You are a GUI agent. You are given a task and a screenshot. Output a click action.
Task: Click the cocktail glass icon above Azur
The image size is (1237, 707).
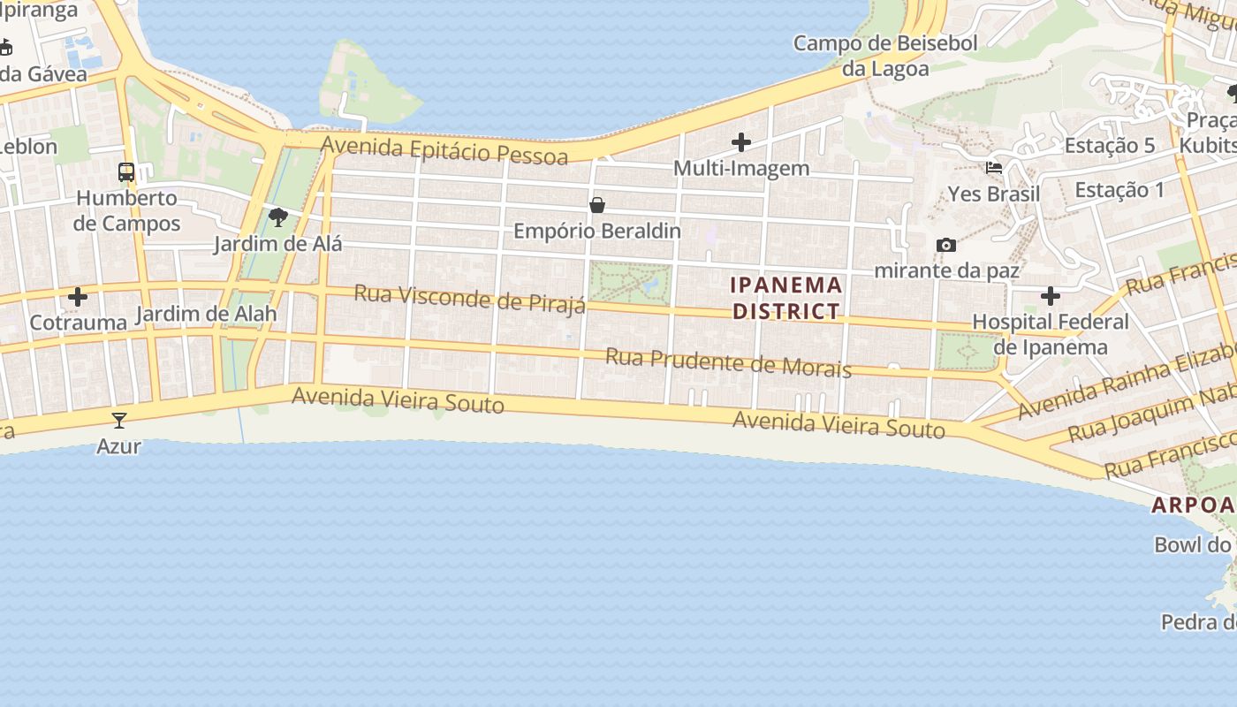point(119,420)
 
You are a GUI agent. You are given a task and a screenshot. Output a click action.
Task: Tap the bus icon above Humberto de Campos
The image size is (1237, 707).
point(126,172)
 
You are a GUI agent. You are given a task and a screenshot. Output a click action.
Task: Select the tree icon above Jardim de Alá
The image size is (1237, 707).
point(278,217)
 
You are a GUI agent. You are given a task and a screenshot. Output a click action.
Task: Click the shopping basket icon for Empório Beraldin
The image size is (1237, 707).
point(597,205)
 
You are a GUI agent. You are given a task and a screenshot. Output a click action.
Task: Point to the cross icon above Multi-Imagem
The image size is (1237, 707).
point(741,141)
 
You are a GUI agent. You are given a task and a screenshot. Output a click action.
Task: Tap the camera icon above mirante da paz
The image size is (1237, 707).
point(946,245)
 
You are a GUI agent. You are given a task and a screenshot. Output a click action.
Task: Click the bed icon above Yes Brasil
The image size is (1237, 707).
point(994,168)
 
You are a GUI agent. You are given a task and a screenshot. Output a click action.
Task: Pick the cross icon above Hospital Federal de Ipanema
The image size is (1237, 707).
point(1051,296)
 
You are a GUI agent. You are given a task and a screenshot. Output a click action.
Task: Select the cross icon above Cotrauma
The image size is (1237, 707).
point(78,297)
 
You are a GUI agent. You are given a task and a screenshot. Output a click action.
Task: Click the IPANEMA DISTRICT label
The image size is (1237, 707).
point(786,298)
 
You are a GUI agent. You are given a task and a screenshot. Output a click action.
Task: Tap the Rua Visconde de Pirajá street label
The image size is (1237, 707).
point(470,299)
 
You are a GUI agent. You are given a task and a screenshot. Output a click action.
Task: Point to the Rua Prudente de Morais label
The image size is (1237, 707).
point(728,363)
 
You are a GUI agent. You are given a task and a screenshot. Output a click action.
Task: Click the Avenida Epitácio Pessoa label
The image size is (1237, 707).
point(444,150)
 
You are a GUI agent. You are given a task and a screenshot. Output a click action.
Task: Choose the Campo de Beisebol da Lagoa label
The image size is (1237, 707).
point(885,56)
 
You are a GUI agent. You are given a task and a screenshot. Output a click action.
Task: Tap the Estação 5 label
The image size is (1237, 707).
point(1110,146)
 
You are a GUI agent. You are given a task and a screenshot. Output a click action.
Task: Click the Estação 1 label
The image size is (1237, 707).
point(1119,189)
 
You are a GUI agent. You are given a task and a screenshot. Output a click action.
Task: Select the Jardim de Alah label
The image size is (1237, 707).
point(206,314)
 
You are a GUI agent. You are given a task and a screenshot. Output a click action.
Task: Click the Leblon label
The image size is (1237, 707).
point(28,147)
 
